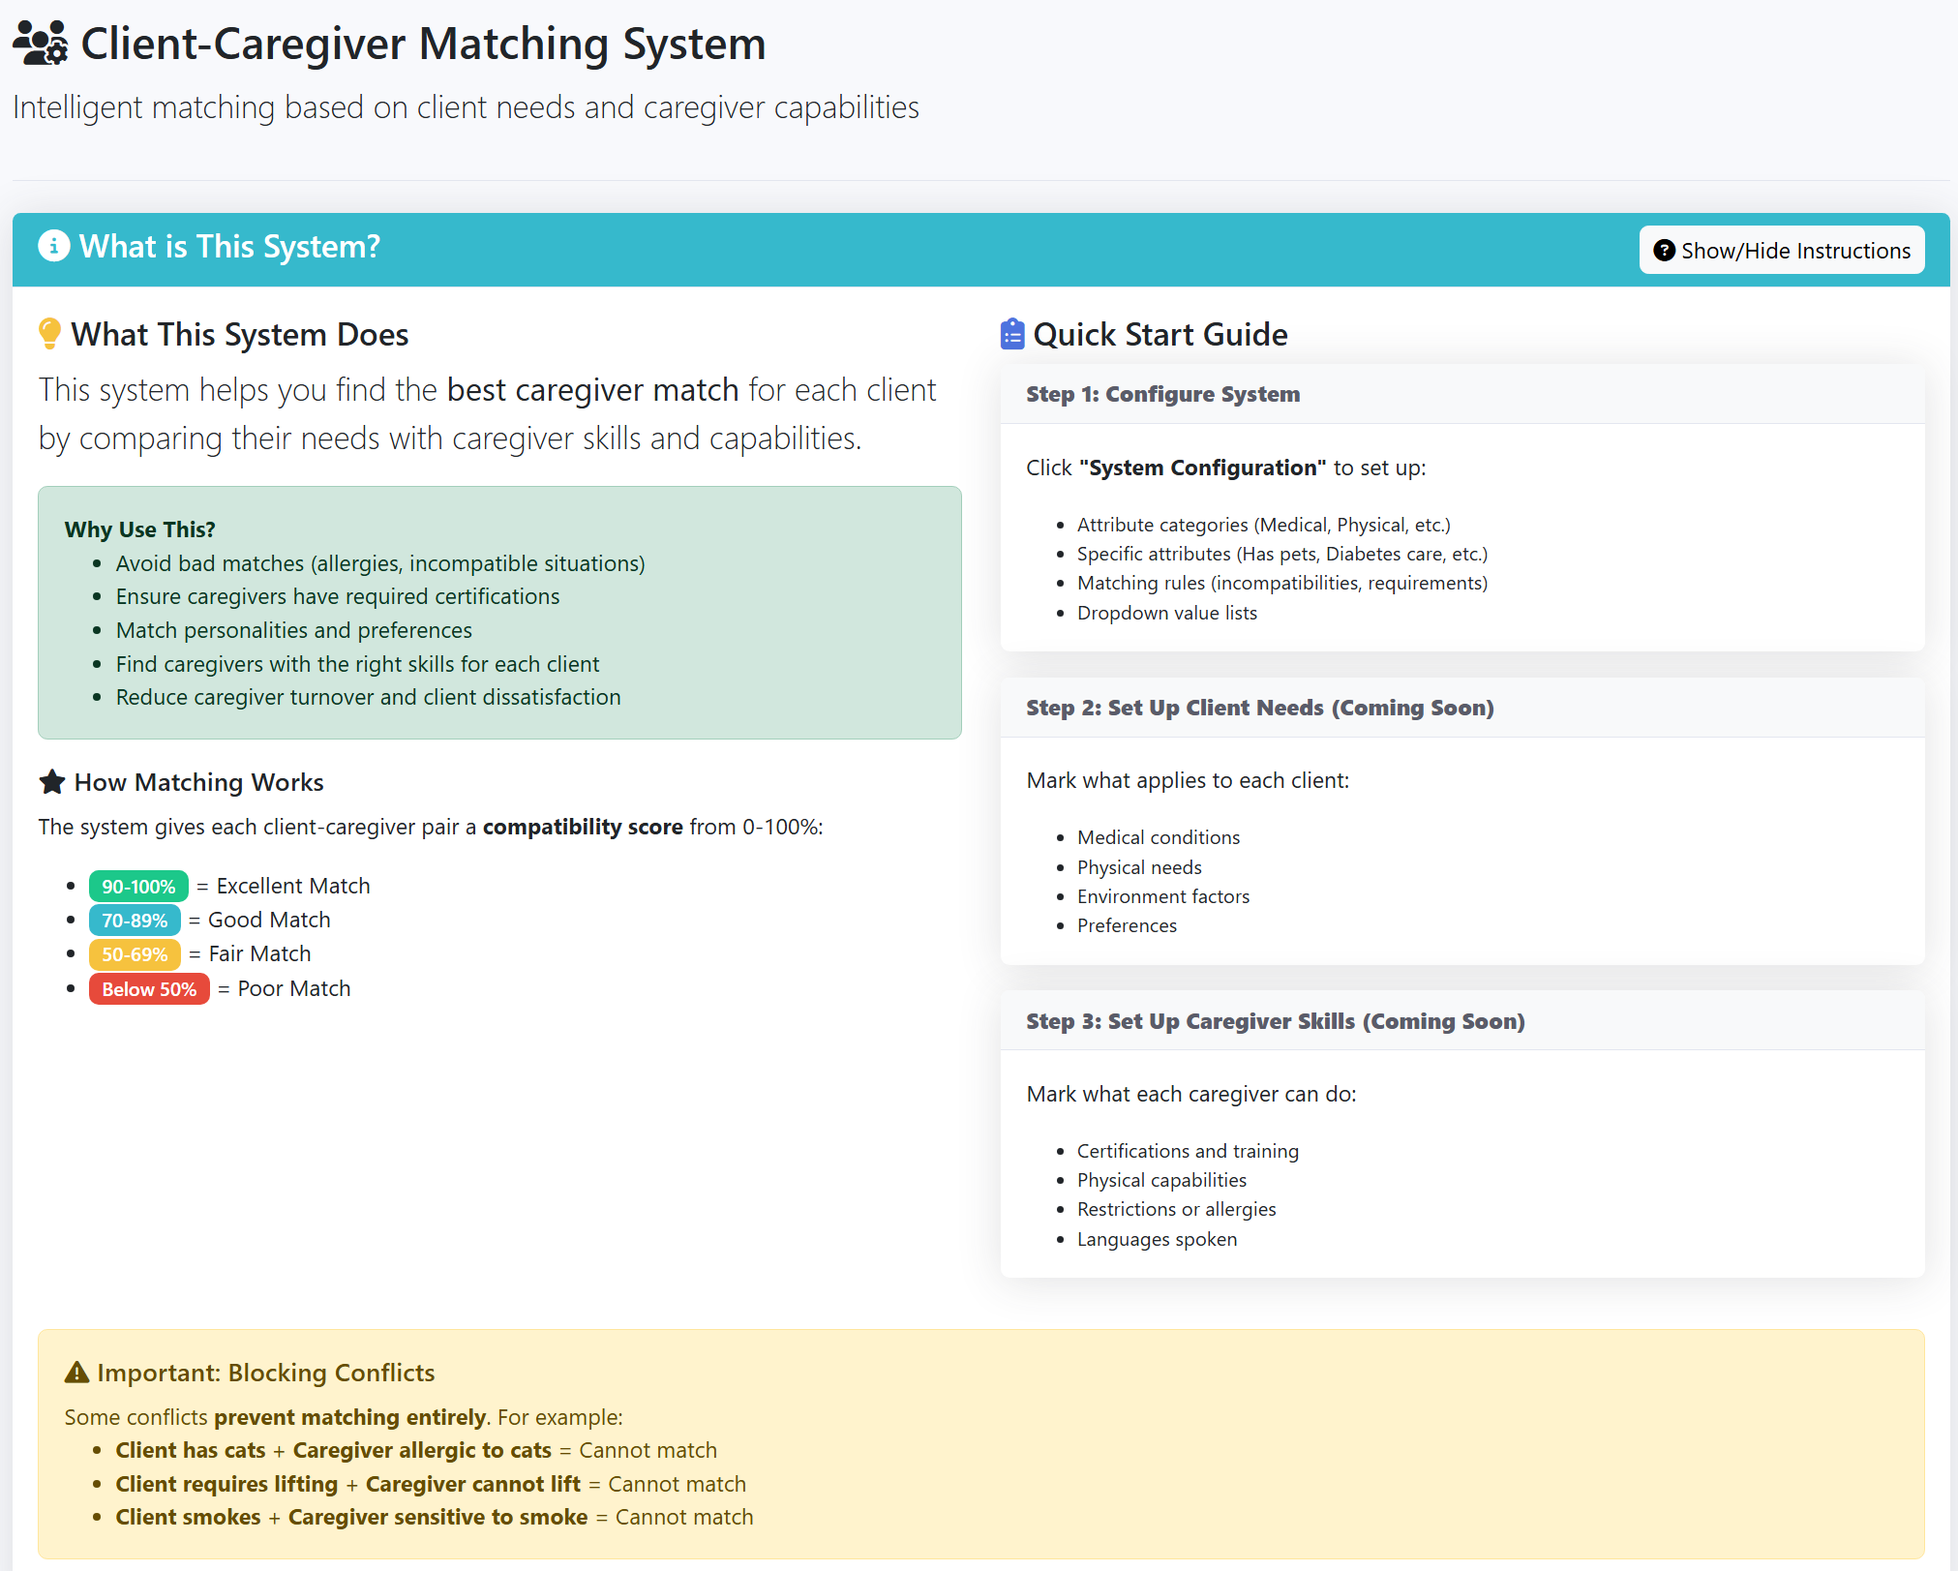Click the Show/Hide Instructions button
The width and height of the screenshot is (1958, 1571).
[x=1781, y=251]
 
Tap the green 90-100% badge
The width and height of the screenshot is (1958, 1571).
[x=138, y=887]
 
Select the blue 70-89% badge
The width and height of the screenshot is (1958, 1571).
[x=135, y=921]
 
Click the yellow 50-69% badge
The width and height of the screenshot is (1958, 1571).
[x=135, y=954]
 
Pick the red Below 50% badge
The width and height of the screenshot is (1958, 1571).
[x=149, y=989]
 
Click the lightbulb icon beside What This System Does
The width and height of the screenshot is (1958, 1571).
[x=49, y=334]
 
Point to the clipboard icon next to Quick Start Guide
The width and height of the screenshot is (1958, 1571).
[x=1012, y=334]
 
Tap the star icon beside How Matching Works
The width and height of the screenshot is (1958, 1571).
[x=52, y=782]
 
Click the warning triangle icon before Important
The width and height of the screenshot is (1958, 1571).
[x=76, y=1373]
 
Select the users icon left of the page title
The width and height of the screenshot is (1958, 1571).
[x=41, y=44]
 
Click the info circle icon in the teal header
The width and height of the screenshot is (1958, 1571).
[x=54, y=246]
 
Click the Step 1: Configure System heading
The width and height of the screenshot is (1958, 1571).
[x=1162, y=394]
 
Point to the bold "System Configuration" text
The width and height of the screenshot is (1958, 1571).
[x=1202, y=468]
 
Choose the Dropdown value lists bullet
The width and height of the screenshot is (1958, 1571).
[x=1166, y=613]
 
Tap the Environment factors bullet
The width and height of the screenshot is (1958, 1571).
[x=1162, y=896]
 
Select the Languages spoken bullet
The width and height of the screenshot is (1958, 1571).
[x=1157, y=1239]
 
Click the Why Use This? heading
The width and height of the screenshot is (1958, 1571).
[x=139, y=529]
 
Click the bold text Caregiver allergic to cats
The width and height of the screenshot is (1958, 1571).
[x=422, y=1450]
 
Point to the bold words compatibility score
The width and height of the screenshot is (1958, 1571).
[x=583, y=827]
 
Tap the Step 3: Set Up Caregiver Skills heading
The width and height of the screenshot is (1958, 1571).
[x=1275, y=1021]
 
